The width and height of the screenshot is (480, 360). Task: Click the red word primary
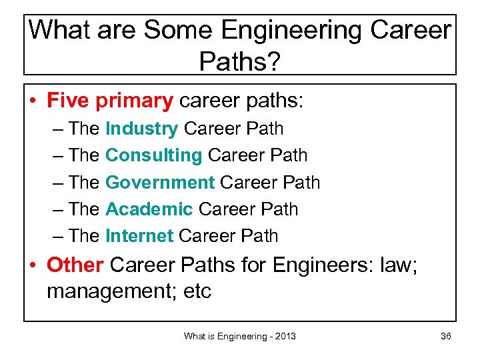134,101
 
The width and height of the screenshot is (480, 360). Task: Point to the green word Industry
141,129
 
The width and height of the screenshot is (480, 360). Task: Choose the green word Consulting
153,155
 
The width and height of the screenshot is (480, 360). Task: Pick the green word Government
160,182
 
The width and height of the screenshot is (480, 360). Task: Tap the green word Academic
149,209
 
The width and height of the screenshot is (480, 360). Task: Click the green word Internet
139,235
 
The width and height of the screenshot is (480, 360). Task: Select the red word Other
75,265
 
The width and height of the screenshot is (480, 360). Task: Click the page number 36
446,336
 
